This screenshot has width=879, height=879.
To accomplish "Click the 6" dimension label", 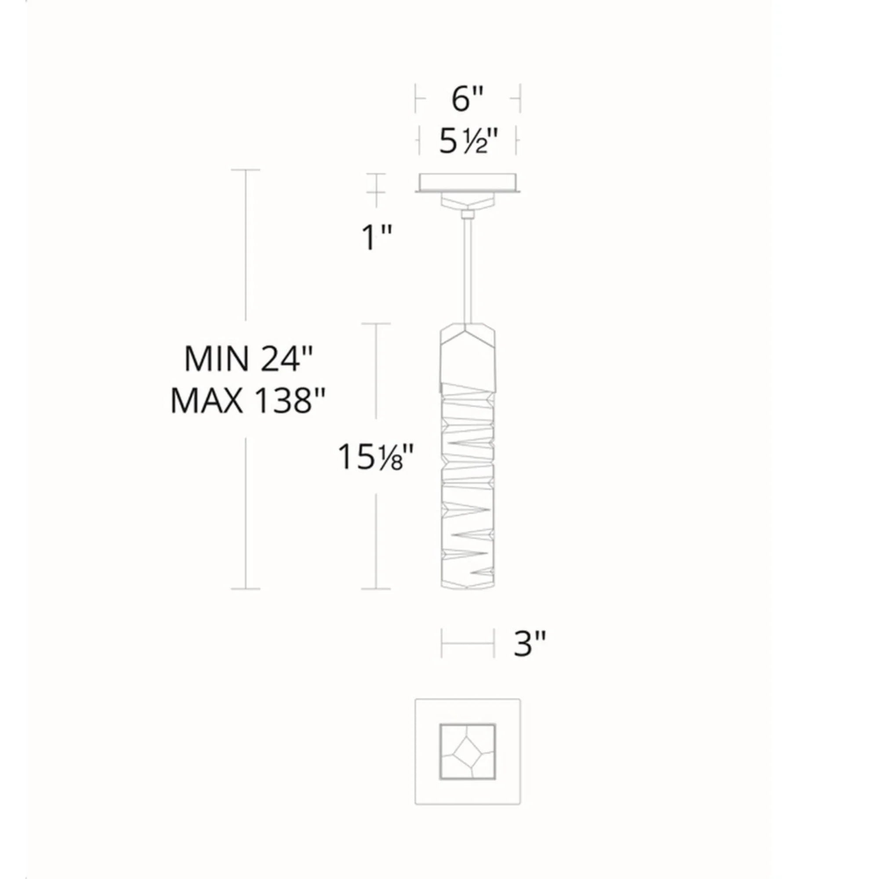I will [x=467, y=98].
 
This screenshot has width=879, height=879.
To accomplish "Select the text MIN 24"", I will [x=249, y=360].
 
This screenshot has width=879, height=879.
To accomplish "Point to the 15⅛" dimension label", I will [x=376, y=457].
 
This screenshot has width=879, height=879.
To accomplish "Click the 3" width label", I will [x=529, y=644].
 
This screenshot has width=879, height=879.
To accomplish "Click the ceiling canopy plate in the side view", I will [x=468, y=182].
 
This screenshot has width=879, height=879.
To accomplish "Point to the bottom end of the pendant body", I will [x=468, y=586].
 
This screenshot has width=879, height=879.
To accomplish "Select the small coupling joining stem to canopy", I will [x=468, y=214].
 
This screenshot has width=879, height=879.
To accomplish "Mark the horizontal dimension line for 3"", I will [x=467, y=643].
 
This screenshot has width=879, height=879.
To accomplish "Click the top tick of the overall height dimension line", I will [x=246, y=170].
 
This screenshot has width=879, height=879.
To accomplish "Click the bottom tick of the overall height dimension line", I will [x=246, y=589].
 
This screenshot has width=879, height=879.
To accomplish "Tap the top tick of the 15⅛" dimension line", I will [x=376, y=324].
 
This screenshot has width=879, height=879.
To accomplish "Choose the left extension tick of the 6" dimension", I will [x=416, y=98].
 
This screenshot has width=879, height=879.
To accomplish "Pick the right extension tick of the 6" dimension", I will [x=519, y=98].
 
